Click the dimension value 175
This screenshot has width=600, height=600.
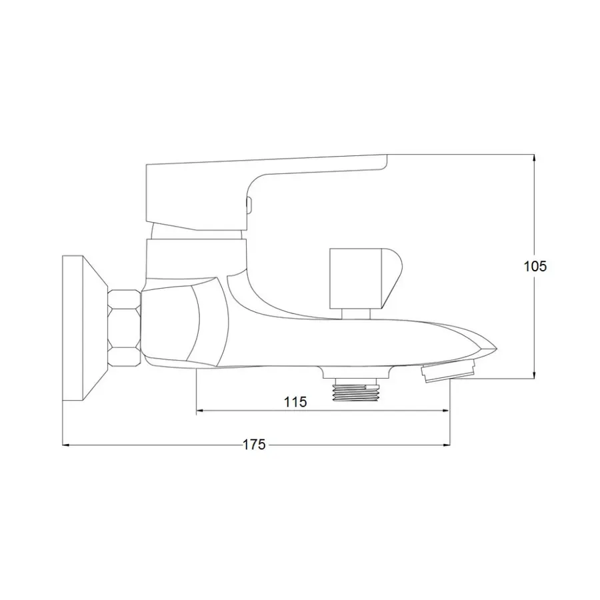254,445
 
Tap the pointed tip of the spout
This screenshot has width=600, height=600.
496,347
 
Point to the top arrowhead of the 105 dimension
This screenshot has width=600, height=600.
534,158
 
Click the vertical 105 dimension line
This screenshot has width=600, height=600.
534,320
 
